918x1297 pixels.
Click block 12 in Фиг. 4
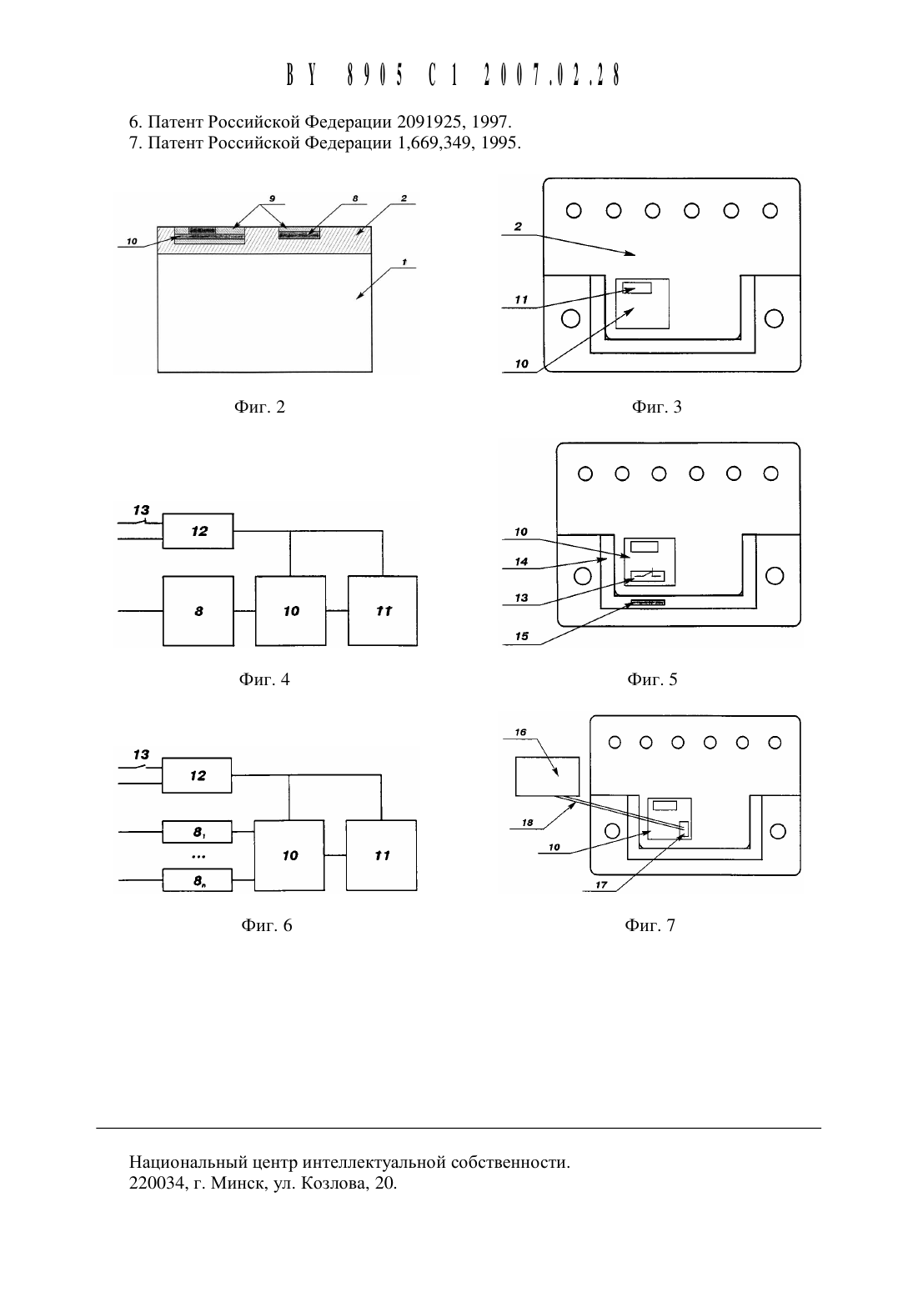(198, 531)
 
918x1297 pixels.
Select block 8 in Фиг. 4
(198, 611)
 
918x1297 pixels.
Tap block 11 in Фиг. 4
(382, 611)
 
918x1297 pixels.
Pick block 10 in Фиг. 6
(289, 855)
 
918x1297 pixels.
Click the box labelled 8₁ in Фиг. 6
(197, 832)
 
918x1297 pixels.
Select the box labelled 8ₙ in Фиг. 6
(197, 880)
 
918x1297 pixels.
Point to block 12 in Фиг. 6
(197, 775)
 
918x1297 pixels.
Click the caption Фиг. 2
(259, 407)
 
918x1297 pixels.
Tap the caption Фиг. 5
(652, 679)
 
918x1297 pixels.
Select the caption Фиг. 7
(650, 925)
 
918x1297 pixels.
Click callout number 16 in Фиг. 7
(520, 733)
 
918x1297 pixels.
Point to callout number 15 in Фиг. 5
(522, 636)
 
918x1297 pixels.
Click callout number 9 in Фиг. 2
(272, 198)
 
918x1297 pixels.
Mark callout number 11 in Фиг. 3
(521, 299)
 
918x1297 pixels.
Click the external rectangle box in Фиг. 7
(547, 777)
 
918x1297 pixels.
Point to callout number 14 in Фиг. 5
(521, 562)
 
